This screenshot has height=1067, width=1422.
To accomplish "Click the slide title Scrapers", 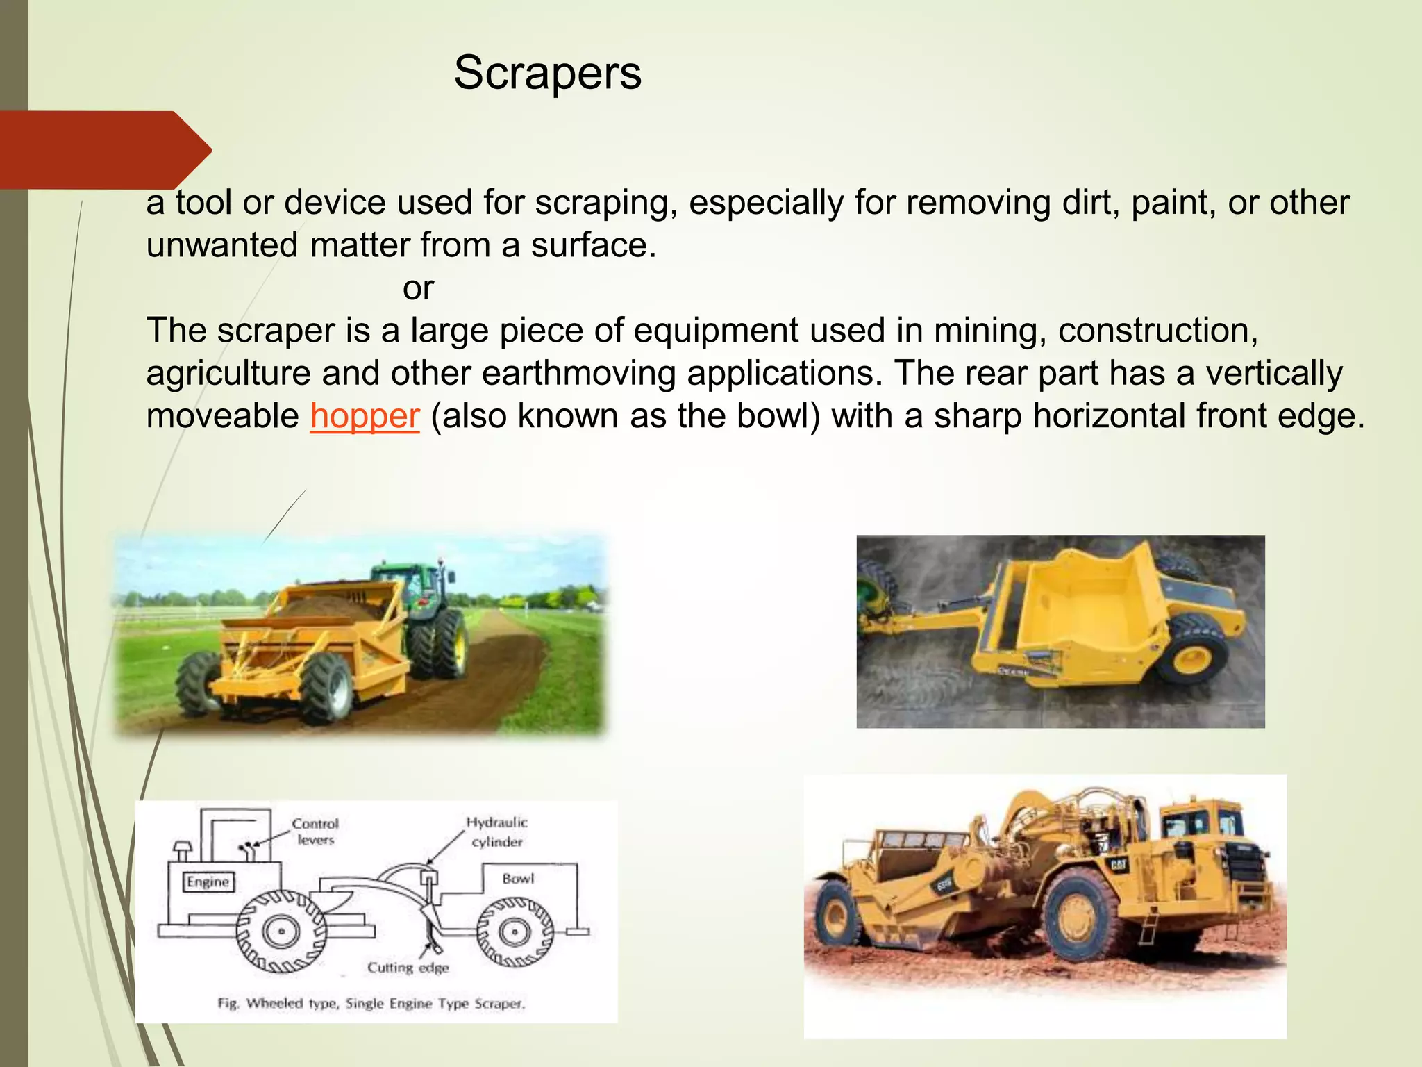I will (547, 73).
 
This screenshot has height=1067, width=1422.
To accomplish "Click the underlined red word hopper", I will (365, 416).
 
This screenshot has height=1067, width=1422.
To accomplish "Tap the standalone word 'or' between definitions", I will (418, 288).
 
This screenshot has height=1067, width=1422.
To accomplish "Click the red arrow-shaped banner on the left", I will (104, 150).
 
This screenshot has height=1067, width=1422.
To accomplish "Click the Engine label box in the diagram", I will (208, 882).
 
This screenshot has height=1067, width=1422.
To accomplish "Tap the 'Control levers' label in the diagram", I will (315, 832).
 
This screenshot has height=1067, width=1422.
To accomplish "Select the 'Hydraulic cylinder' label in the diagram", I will (496, 832).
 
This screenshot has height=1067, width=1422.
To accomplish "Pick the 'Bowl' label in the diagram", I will (518, 879).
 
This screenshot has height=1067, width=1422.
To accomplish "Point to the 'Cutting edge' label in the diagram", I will (408, 968).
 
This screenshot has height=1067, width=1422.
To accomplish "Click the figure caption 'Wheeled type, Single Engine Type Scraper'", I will (371, 1003).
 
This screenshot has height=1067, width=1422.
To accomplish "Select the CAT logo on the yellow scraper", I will (1118, 865).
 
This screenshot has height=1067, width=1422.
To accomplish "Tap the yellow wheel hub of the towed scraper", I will (1191, 661).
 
